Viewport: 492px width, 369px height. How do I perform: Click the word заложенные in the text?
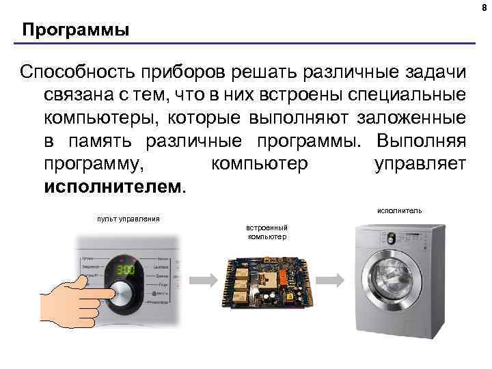coord(412,118)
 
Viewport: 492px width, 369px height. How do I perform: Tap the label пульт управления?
coord(128,219)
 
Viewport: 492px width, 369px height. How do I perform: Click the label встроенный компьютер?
coord(267,232)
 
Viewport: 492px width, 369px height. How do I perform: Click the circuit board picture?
coord(267,281)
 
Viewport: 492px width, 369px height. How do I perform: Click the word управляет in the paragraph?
coord(420,164)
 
